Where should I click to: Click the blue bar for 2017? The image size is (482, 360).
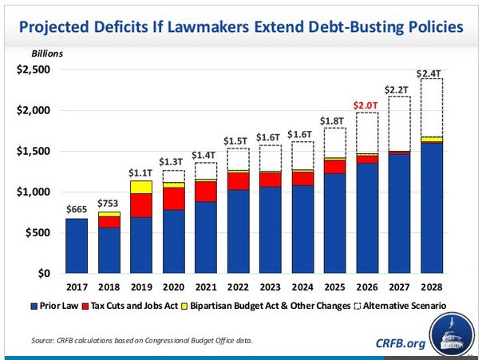[77, 246]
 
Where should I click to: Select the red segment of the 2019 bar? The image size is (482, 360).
[142, 205]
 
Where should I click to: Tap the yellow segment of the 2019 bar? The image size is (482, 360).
[142, 187]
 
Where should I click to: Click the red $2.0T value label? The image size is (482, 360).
[367, 105]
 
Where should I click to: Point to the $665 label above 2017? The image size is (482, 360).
[77, 210]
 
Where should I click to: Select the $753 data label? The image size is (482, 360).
[109, 203]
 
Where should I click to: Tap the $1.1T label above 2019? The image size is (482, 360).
[142, 172]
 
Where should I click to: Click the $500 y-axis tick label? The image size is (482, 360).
[38, 232]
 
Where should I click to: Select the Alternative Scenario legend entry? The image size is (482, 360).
[399, 306]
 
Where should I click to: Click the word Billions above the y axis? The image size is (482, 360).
[47, 53]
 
